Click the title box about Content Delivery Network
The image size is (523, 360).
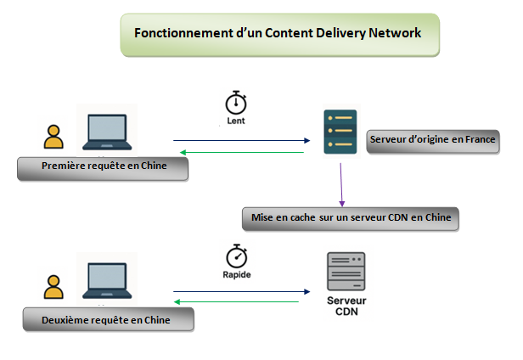click(x=279, y=34)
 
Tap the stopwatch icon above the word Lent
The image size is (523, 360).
click(x=235, y=103)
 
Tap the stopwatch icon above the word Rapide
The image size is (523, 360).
click(x=236, y=256)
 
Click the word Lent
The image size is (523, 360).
click(x=236, y=121)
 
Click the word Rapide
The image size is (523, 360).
click(x=236, y=275)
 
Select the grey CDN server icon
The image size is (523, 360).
click(x=346, y=272)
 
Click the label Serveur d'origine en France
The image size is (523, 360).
click(x=432, y=139)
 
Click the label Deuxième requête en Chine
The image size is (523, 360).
click(x=106, y=320)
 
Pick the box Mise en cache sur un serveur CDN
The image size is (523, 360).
click(x=351, y=218)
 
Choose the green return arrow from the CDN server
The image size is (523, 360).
click(x=237, y=301)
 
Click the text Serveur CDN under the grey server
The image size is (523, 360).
click(x=346, y=307)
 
